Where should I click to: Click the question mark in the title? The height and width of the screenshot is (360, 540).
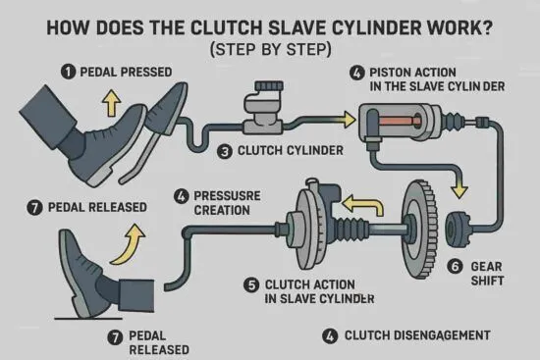[486, 27]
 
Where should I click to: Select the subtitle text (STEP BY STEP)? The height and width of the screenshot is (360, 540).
[271, 49]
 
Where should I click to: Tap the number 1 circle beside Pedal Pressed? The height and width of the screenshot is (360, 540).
[68, 72]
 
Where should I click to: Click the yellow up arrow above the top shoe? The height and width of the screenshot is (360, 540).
[112, 103]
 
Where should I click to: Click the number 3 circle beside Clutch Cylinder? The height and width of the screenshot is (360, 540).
[225, 151]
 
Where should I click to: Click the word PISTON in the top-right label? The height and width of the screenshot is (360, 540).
[390, 73]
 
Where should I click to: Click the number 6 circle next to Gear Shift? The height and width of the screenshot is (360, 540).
[455, 267]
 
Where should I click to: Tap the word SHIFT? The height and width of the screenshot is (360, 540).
[487, 281]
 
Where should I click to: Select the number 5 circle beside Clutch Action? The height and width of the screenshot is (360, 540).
[251, 285]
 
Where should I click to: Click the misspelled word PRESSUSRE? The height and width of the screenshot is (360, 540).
[227, 196]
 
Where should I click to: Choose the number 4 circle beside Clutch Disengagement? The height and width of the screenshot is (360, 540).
[330, 335]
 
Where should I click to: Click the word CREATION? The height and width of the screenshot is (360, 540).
[222, 210]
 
